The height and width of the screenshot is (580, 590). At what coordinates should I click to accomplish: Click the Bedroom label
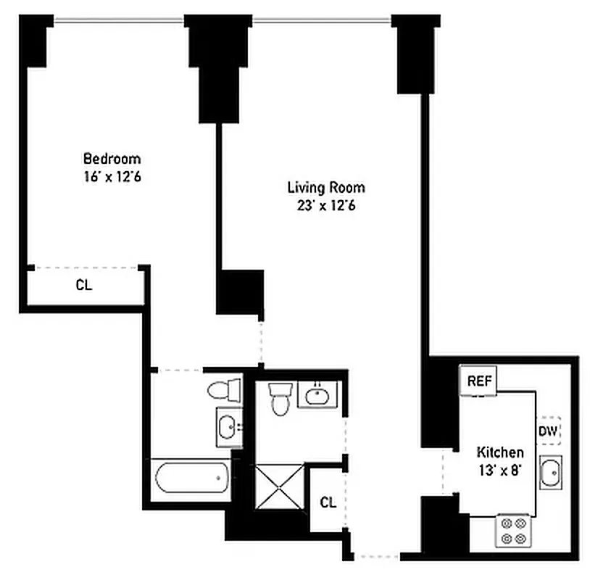pos(112,158)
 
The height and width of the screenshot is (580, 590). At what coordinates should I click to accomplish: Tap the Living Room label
pos(325,187)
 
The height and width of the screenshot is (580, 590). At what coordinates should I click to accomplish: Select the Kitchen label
pos(499,452)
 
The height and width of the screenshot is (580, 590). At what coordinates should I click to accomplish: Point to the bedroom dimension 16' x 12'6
pos(112,176)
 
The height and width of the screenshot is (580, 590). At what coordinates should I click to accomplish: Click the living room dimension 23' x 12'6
pos(325,205)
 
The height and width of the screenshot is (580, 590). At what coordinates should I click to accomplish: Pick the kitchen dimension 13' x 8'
pos(499,470)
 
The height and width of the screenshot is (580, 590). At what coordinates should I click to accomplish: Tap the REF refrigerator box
pos(478,381)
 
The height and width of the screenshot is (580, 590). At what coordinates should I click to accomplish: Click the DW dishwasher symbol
pos(548,431)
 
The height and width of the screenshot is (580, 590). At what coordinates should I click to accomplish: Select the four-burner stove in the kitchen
pos(514,530)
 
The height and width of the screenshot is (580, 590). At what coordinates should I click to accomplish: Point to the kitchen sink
pos(550,474)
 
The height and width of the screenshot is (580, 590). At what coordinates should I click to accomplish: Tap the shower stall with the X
pos(278,487)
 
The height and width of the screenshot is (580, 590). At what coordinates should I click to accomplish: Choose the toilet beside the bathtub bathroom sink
pos(225,391)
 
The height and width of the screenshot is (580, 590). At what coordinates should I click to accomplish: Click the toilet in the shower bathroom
pos(280,399)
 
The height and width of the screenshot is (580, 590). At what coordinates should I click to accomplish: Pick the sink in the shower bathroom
pos(317,395)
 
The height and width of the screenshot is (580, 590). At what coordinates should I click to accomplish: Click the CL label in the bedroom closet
pos(84,285)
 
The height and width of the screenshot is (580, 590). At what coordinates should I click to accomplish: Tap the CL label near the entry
pos(328,502)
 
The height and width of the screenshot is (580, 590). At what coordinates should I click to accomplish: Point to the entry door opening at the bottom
pos(375,557)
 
